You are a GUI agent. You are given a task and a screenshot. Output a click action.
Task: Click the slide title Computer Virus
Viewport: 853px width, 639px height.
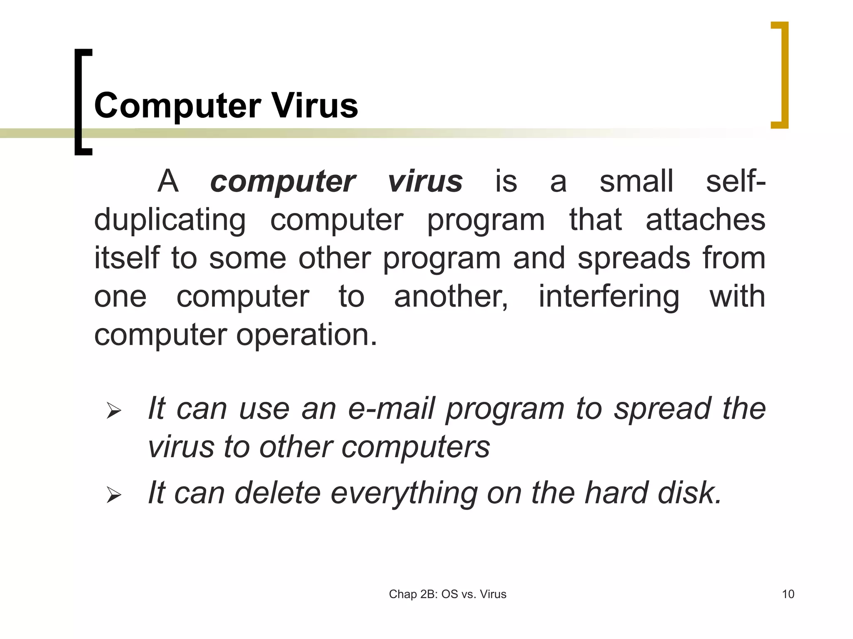(226, 106)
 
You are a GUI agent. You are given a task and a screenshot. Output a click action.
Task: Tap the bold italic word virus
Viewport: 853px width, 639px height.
(425, 182)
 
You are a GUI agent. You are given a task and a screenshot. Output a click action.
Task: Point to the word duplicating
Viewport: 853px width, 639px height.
(170, 220)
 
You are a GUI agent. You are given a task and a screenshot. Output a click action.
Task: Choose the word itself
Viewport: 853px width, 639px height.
(127, 258)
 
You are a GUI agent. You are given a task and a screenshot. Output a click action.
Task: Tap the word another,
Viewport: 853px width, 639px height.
(451, 297)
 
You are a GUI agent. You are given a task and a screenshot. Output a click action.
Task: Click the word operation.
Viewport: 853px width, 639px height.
(307, 335)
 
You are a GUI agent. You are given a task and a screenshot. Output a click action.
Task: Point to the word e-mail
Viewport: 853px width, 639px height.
(392, 409)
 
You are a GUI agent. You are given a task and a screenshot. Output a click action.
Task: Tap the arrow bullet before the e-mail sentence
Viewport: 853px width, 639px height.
(113, 411)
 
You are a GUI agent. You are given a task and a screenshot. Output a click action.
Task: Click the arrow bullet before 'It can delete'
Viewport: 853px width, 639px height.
(113, 495)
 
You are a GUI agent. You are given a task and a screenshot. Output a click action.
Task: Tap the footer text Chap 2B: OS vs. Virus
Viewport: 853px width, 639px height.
(447, 594)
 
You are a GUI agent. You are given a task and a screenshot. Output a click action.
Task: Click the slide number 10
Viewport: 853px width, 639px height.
(788, 594)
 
